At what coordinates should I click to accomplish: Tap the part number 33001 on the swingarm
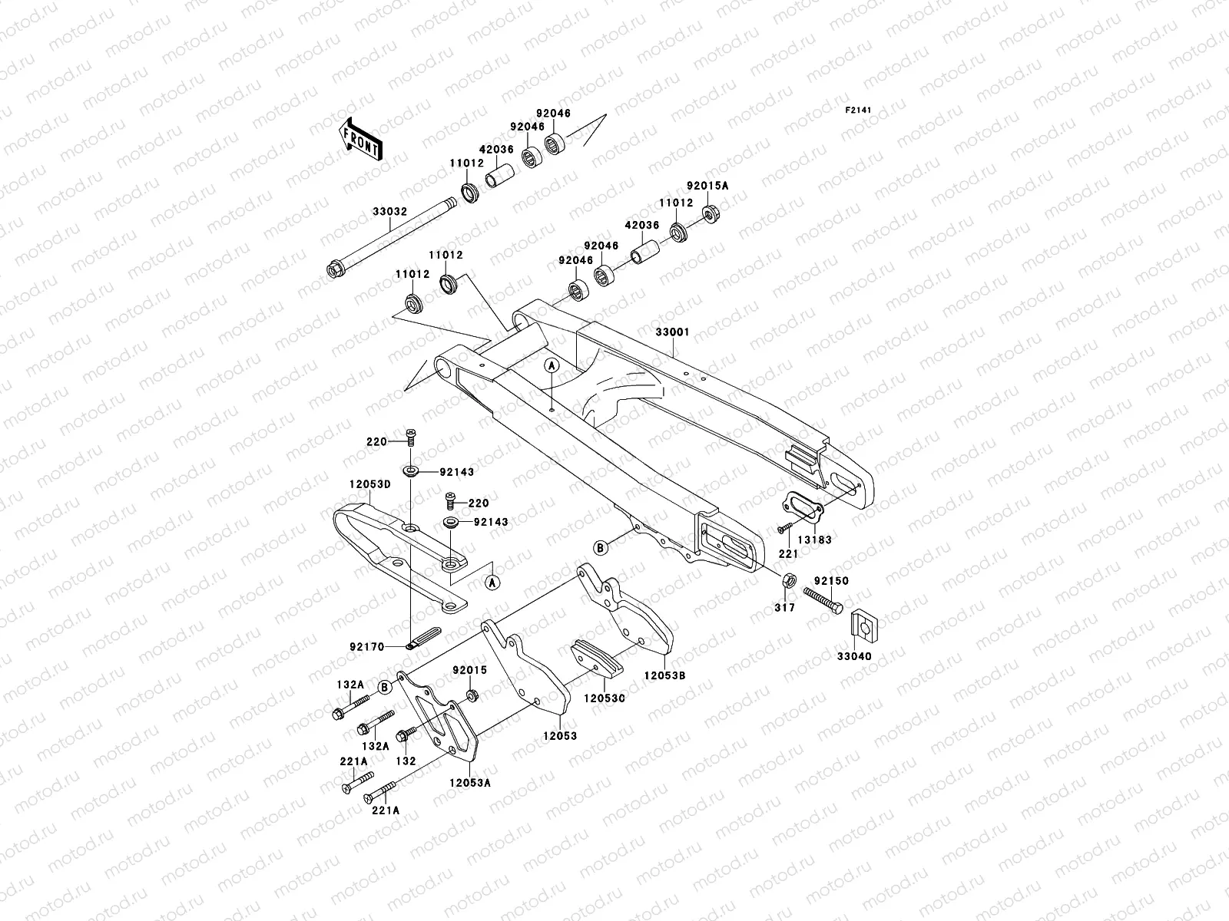point(672,332)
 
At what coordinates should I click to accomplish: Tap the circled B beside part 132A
point(383,686)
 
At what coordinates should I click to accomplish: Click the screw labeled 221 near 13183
point(783,528)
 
